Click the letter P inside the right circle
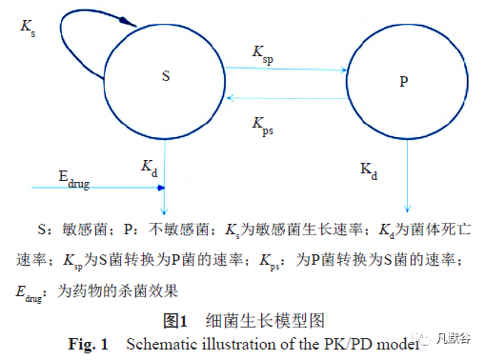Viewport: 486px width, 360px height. point(403,82)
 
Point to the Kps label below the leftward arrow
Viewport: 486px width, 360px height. point(263,124)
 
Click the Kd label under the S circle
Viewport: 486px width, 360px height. point(149,168)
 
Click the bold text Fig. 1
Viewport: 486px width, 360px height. point(90,342)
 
